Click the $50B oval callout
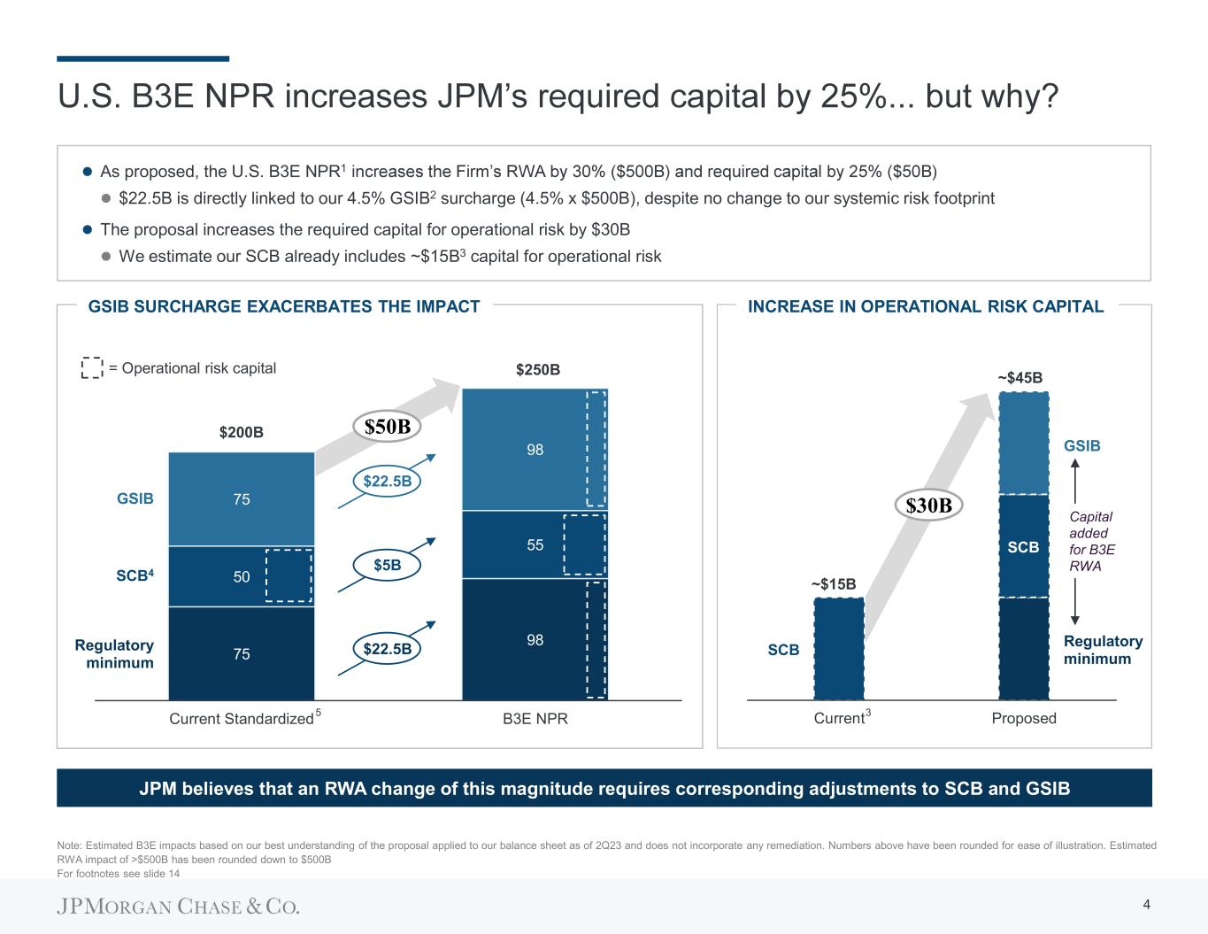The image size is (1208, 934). coord(389,426)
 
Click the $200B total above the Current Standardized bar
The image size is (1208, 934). coord(242,433)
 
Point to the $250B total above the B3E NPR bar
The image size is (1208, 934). coord(538,369)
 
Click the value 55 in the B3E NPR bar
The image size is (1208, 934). coord(535,545)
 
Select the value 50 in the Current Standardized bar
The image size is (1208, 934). coord(242,576)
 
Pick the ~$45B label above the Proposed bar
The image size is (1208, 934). coord(1022,378)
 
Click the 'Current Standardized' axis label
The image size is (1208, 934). coord(242,718)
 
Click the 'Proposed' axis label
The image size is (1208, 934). coord(1024,718)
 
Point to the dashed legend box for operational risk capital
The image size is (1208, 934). coord(92,368)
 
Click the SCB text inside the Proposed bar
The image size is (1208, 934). coord(1023,547)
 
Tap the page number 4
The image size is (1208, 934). coord(1147,904)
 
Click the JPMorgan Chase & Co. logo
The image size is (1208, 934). coord(179,907)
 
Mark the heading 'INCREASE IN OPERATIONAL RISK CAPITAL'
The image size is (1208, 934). coord(926,306)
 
